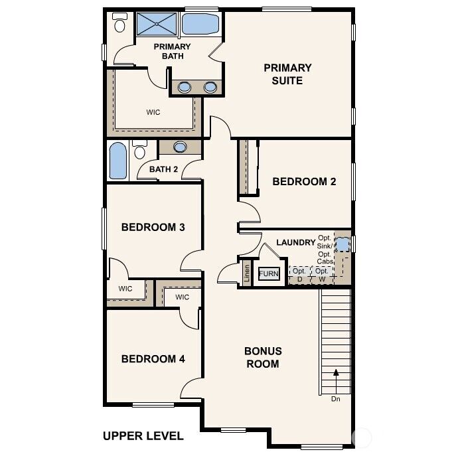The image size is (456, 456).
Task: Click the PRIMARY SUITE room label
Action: coord(287,74)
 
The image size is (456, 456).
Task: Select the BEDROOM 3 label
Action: coord(153,227)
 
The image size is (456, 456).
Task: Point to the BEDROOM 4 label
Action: coord(153,358)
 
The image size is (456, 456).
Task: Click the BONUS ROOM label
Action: coord(263,357)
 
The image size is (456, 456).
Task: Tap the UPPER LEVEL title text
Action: coord(143,436)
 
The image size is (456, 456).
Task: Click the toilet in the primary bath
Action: coord(120,24)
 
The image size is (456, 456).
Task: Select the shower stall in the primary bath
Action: coord(157,25)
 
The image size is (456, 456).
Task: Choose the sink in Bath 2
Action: coord(180,147)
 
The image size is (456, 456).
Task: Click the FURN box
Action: coord(269,273)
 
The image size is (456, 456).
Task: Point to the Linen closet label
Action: coord(246,273)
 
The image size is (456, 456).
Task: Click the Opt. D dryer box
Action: coord(299,274)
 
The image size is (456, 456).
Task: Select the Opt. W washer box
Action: coord(321,274)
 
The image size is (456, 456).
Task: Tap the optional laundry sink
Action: coord(342,244)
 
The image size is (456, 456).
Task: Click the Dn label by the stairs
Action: coord(337,399)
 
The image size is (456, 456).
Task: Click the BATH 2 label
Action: coord(163,169)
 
